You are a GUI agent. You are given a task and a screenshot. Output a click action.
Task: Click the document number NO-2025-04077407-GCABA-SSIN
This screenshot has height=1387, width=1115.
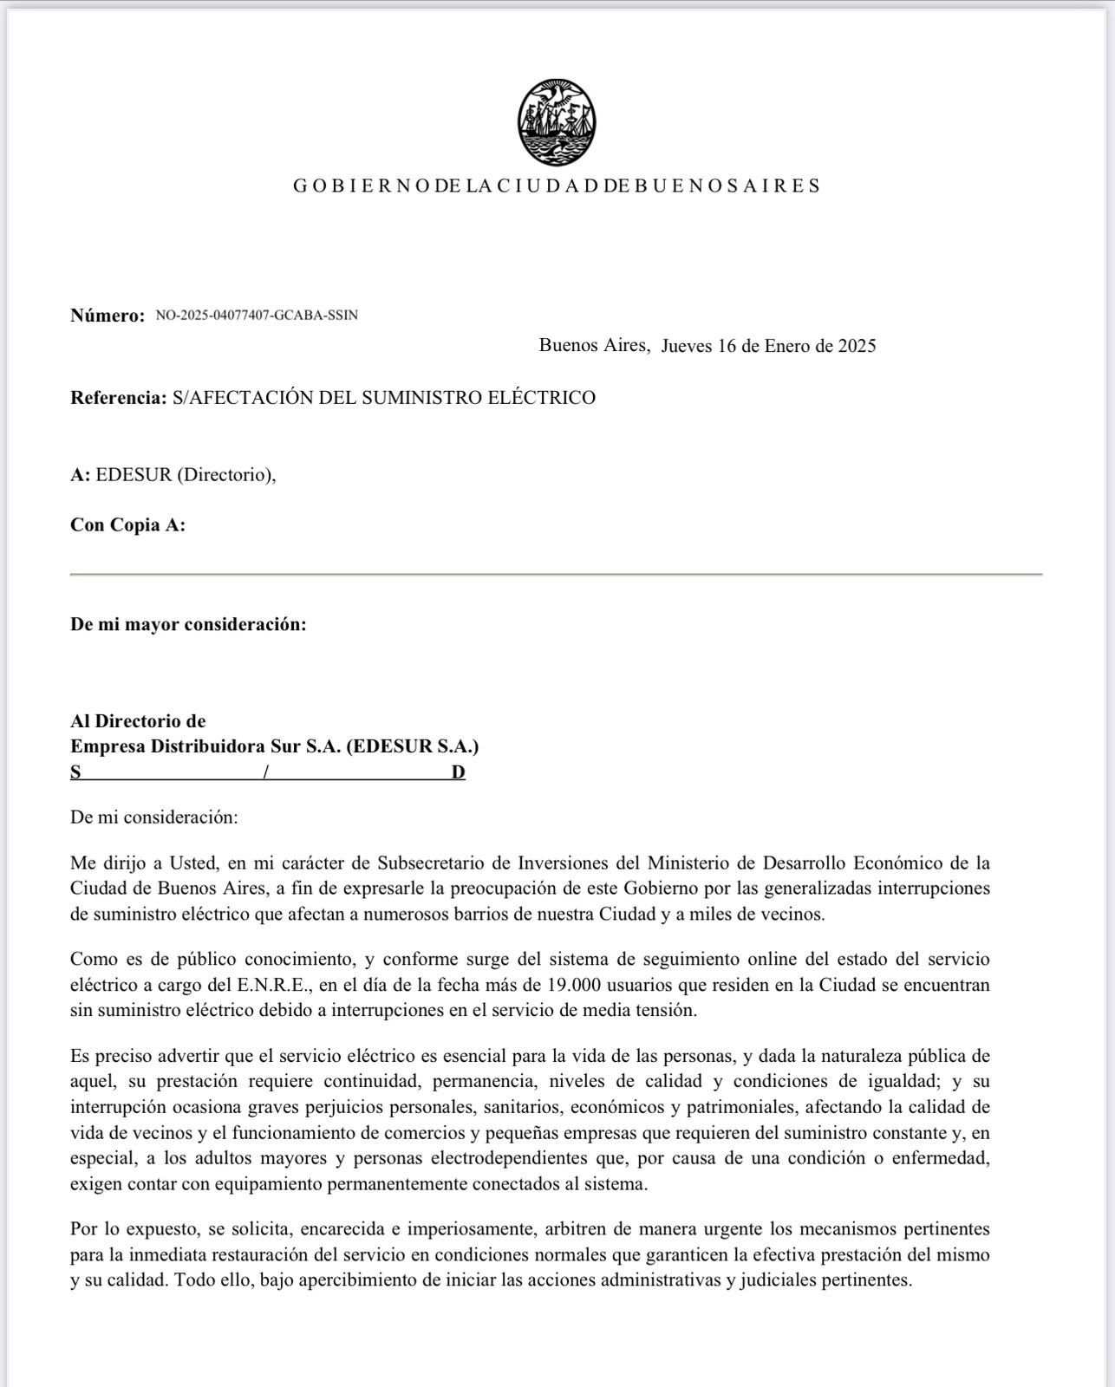(x=257, y=316)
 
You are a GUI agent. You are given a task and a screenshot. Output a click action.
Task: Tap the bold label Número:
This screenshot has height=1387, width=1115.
(x=108, y=316)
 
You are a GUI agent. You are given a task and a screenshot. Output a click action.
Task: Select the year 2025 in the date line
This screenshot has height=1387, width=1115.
(x=857, y=346)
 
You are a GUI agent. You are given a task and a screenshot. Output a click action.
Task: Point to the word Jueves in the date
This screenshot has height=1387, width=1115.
(x=687, y=346)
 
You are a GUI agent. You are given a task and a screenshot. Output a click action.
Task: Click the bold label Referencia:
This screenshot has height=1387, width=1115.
(x=118, y=398)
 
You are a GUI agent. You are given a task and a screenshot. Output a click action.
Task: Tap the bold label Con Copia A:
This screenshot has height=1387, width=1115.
(x=127, y=525)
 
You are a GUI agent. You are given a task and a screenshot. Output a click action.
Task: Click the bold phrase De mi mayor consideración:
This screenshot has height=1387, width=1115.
(x=188, y=624)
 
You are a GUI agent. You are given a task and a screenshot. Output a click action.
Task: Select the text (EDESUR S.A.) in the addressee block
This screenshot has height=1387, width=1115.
(x=412, y=746)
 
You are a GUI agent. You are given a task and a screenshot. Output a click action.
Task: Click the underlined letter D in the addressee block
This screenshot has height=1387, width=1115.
(x=458, y=772)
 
